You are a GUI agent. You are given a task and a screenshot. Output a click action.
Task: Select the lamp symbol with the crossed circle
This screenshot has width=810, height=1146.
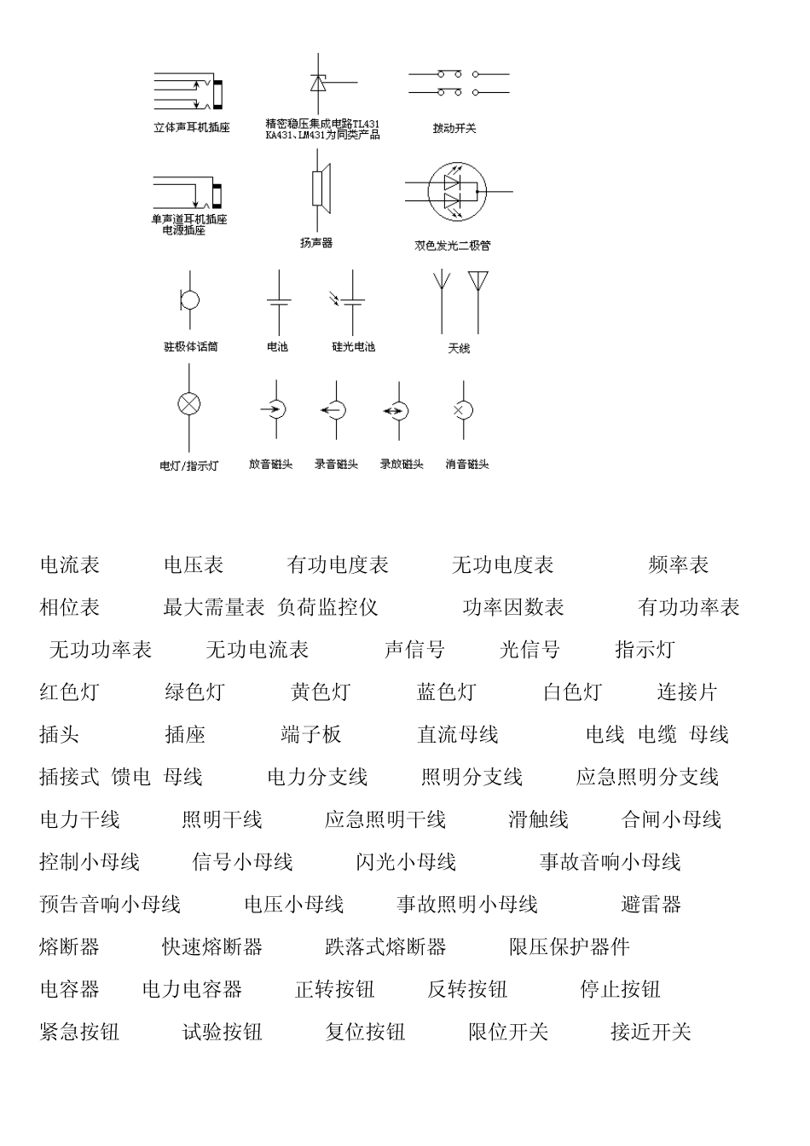tap(188, 404)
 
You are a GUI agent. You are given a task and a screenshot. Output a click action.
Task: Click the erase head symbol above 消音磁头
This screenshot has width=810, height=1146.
tap(461, 410)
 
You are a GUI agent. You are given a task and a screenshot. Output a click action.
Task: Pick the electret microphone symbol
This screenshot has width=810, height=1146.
tap(189, 300)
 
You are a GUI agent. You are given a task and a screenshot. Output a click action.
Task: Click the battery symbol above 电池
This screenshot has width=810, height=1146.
tap(279, 302)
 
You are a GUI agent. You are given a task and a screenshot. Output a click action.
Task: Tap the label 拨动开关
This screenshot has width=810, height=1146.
tap(454, 129)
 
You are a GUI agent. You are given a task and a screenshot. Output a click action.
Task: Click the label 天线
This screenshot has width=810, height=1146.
tap(459, 348)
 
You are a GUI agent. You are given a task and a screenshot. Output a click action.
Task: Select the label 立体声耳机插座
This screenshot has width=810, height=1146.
tap(192, 128)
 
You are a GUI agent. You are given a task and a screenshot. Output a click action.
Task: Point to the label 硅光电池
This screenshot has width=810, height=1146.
tap(353, 347)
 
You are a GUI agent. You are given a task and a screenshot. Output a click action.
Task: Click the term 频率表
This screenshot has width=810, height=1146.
tap(679, 564)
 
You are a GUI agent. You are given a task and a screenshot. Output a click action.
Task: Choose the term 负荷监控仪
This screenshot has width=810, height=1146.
tap(327, 607)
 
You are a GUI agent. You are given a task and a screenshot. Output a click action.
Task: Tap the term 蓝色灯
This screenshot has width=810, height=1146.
tap(446, 692)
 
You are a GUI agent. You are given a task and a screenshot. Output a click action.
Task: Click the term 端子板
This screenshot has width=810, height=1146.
tap(311, 735)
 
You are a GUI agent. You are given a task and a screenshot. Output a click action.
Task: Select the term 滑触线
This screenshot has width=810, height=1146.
tap(538, 820)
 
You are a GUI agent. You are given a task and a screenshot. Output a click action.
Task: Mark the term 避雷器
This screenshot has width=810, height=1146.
tap(651, 905)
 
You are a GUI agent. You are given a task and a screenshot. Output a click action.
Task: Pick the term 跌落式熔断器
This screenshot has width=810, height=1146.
tap(385, 947)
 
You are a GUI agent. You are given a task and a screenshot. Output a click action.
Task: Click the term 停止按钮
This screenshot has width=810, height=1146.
tap(620, 990)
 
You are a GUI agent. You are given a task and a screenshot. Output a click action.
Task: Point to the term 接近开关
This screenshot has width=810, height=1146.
tap(651, 1033)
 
